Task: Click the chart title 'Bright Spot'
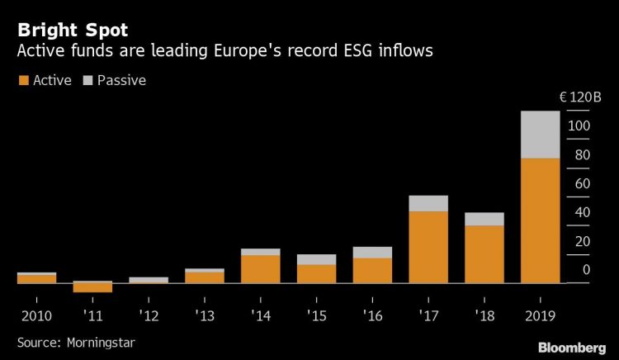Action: [x=72, y=30]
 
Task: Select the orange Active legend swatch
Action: [x=22, y=81]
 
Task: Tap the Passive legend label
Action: [x=121, y=81]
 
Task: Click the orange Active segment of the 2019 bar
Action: [x=540, y=220]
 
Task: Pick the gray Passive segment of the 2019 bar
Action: [x=540, y=135]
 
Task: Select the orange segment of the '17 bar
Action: [x=428, y=247]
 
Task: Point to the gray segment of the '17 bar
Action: [x=428, y=203]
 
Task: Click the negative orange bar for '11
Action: [x=92, y=287]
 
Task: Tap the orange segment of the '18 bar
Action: [x=484, y=253]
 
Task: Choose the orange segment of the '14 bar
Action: [x=260, y=268]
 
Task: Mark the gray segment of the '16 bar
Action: [x=372, y=252]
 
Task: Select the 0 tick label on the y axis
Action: [x=586, y=269]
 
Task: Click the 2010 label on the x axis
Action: [x=36, y=315]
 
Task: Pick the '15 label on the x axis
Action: [x=316, y=315]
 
